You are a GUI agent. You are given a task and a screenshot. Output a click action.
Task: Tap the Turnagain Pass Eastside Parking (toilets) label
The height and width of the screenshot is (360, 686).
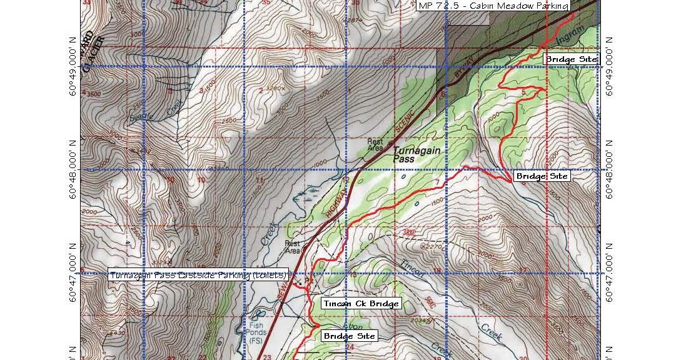(198, 274)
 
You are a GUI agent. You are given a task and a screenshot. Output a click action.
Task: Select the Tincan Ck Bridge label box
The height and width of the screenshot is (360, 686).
(360, 304)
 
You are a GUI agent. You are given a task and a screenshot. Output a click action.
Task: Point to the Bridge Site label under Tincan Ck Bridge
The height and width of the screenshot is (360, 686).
(350, 336)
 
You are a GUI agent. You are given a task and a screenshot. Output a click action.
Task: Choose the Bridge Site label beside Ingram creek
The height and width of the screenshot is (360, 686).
(572, 59)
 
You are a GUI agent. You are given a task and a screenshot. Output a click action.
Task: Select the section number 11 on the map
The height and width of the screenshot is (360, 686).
(260, 181)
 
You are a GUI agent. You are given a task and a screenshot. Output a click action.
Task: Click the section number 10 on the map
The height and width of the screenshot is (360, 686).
(201, 180)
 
